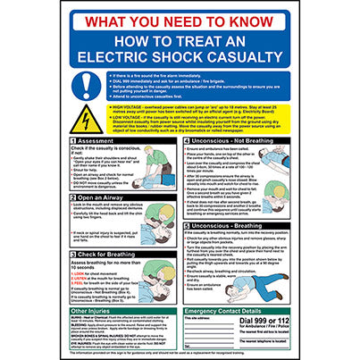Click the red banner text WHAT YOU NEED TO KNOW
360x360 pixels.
pyautogui.click(x=180, y=19)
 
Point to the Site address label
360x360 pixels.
pyautogui.click(x=197, y=318)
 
